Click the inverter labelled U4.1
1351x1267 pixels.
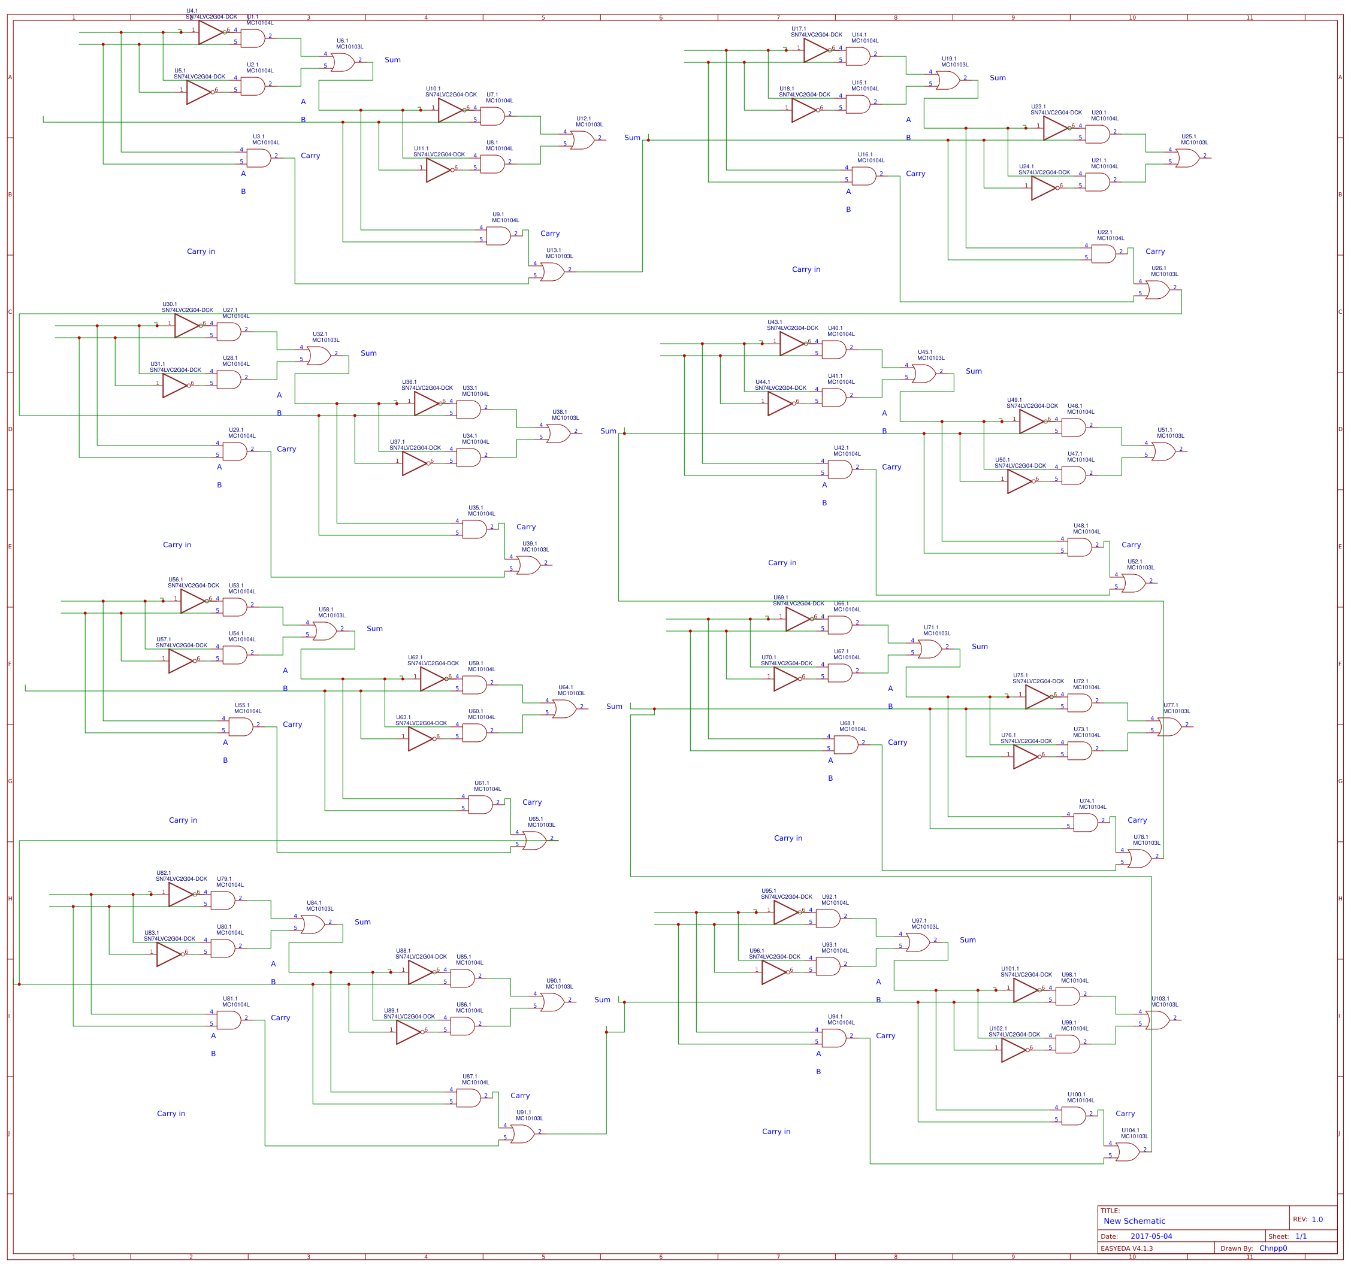[x=211, y=32]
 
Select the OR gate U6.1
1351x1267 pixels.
[x=343, y=62]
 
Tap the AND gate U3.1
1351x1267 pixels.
[x=259, y=158]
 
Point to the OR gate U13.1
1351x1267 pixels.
[x=552, y=272]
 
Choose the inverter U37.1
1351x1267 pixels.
[x=415, y=463]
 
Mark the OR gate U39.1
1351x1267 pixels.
[x=528, y=565]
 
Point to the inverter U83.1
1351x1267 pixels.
[x=169, y=954]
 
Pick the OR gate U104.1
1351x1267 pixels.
[x=1128, y=1152]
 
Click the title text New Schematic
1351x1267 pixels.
[x=1134, y=1221]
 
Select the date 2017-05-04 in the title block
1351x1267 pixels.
[x=1151, y=1236]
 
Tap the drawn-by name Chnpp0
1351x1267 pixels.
[x=1273, y=1248]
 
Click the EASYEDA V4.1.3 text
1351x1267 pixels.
[x=1127, y=1248]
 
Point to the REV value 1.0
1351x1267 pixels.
[x=1317, y=1220]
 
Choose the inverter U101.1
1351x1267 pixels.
[x=1026, y=990]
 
